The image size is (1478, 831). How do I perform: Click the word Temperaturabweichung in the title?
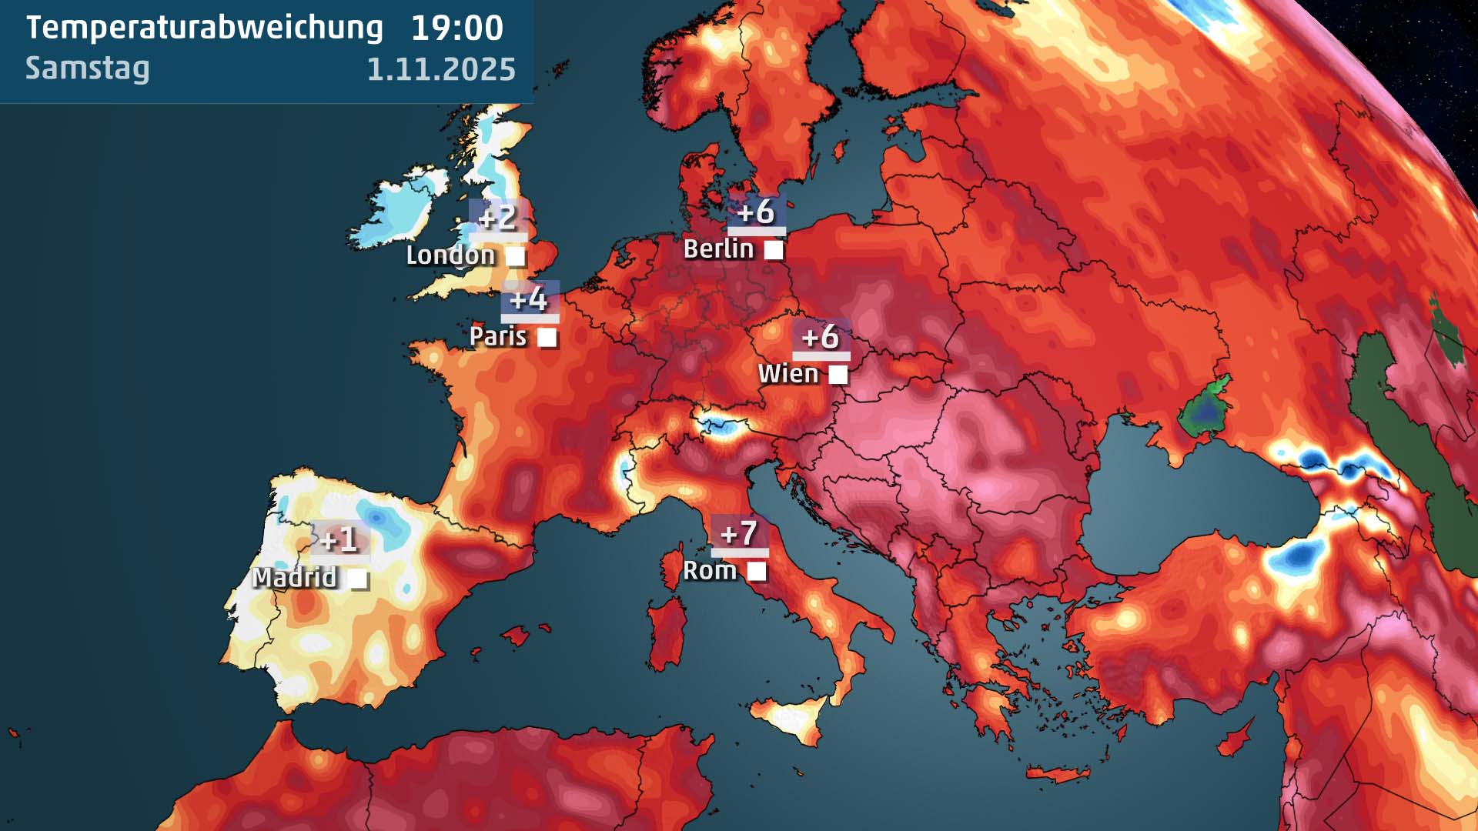coord(204,28)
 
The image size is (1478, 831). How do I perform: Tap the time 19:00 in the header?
coord(456,28)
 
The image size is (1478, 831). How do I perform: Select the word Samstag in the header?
coord(87,68)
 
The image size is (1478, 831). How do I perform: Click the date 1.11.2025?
coord(440,69)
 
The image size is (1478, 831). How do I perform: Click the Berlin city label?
coord(718,249)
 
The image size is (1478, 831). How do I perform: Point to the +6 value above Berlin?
coord(756,212)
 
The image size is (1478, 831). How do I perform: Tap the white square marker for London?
coord(515,255)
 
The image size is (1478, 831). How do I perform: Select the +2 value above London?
coord(497,217)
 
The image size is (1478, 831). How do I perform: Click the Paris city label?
coord(498,336)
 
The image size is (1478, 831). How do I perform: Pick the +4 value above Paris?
coord(529,299)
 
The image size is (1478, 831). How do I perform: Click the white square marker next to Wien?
coord(838,375)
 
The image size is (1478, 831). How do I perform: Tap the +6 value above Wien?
coord(821,336)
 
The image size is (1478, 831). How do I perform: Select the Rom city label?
coord(710,571)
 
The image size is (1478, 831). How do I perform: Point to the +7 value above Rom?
coord(739,533)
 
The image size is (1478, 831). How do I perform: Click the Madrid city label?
coord(295,577)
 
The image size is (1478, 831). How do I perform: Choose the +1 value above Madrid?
coord(339,539)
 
